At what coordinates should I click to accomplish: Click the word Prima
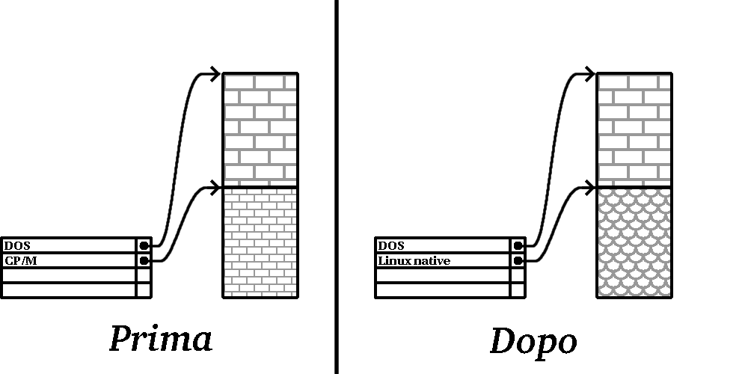pos(161,339)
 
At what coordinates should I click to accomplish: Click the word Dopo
pos(533,341)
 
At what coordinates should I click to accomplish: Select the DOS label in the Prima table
pos(17,245)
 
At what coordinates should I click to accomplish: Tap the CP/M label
pos(20,260)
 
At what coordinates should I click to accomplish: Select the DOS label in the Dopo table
pos(391,245)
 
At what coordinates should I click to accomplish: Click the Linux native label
pos(414,260)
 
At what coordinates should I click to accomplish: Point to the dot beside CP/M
pos(144,260)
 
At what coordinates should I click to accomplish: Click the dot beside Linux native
pos(518,260)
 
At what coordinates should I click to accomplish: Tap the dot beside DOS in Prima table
pos(144,245)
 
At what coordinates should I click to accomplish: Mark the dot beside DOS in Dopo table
pos(518,245)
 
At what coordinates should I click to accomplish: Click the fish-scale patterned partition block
pos(634,242)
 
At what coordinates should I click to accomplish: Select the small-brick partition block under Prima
pos(260,242)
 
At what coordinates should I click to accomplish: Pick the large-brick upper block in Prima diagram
pos(260,129)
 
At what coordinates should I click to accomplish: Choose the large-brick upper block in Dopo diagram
pos(634,129)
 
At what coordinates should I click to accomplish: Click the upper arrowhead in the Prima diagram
pos(215,73)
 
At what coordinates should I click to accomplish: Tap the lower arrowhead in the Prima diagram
pos(215,186)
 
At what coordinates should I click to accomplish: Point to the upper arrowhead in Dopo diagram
pos(589,73)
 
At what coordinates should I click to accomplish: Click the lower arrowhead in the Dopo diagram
pos(589,186)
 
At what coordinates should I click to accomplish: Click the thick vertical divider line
pos(336,187)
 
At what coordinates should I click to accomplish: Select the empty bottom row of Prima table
pos(69,290)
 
